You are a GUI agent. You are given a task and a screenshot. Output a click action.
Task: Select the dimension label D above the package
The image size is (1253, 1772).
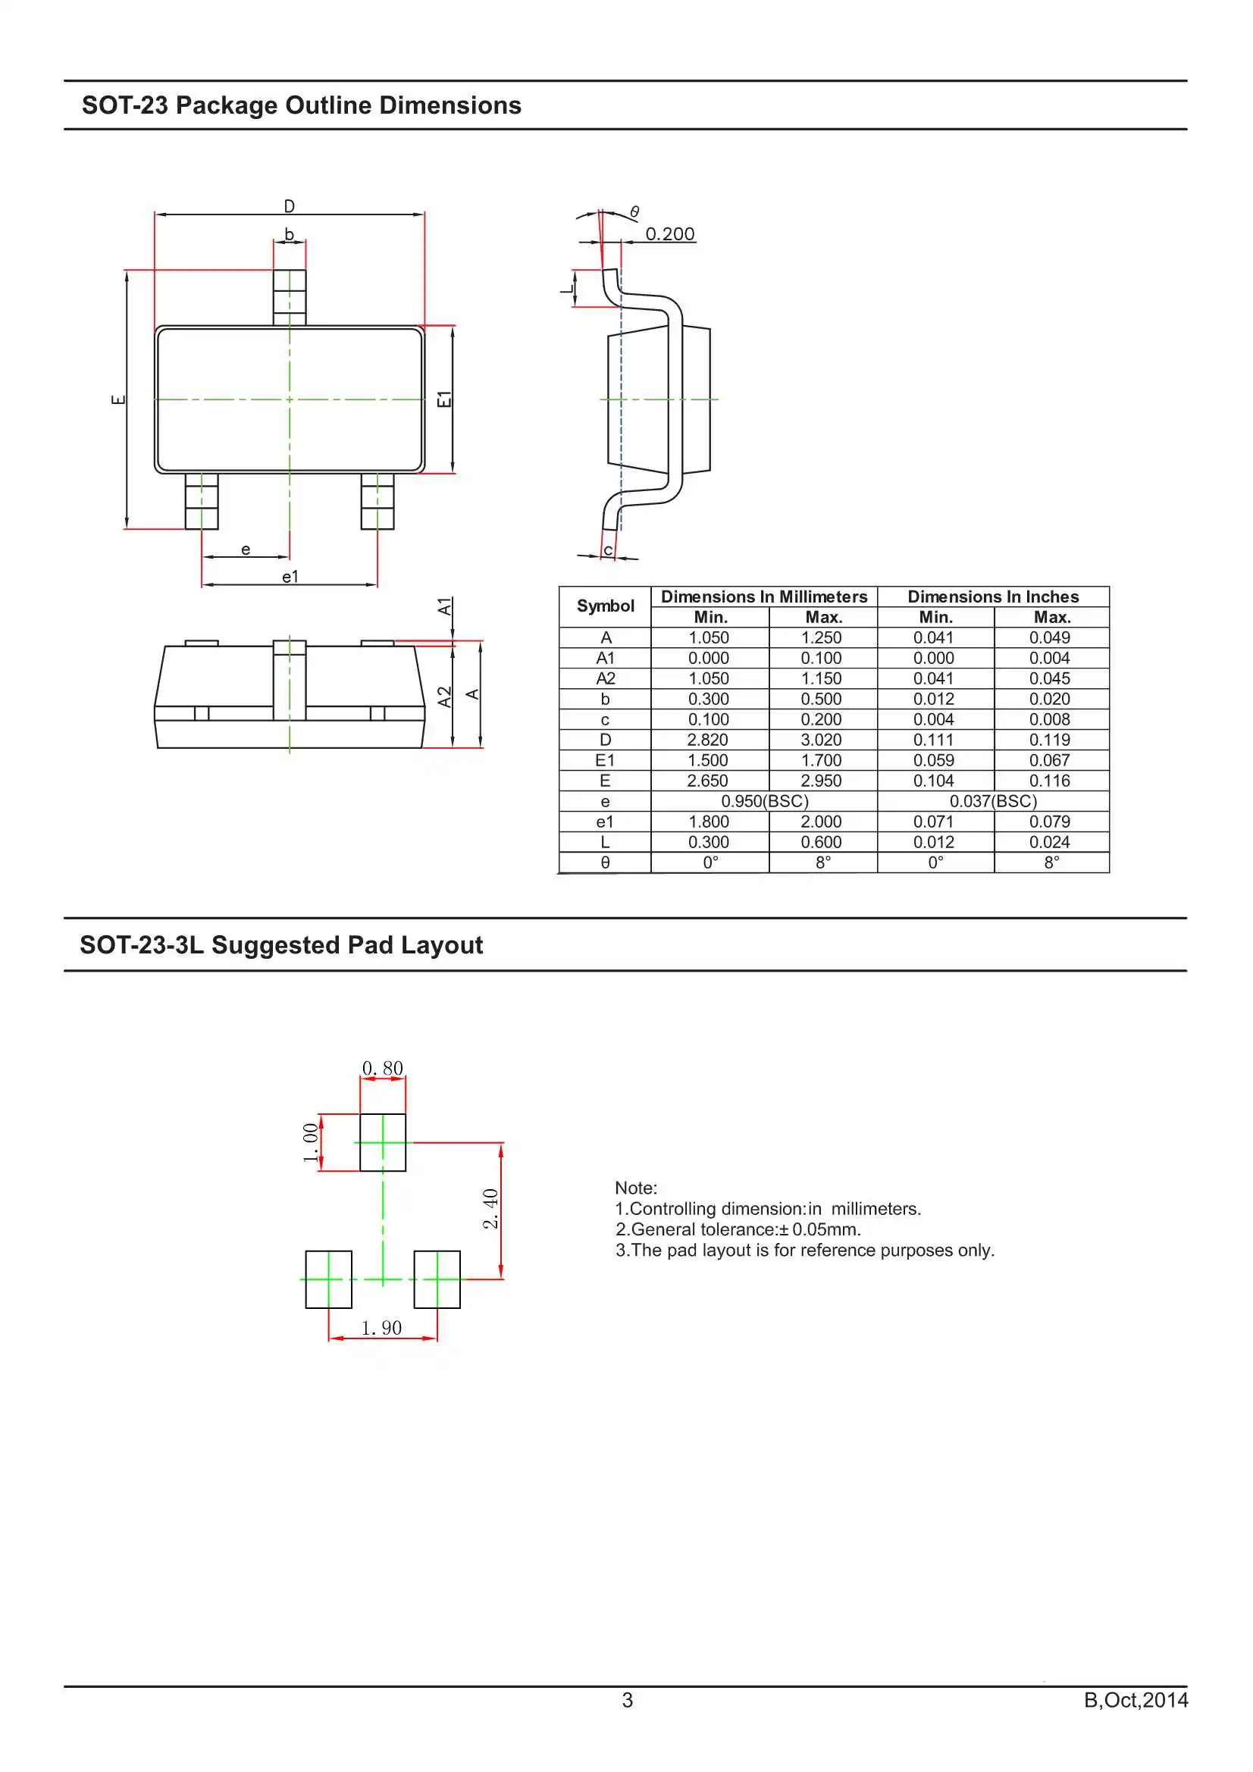(x=289, y=206)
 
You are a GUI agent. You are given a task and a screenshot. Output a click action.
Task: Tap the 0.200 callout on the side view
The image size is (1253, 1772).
(x=669, y=234)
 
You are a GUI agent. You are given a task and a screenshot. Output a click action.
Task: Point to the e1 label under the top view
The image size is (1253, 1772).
(x=290, y=577)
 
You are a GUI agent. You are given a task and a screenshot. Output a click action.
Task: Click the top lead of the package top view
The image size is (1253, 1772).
(x=290, y=296)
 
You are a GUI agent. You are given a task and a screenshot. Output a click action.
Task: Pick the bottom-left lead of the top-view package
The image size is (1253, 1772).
(x=202, y=502)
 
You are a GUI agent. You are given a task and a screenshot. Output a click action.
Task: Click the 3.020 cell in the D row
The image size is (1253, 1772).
(x=821, y=740)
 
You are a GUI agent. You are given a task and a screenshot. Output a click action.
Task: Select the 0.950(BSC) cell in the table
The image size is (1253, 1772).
(x=764, y=801)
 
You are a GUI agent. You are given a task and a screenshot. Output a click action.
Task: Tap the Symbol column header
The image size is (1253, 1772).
(x=604, y=606)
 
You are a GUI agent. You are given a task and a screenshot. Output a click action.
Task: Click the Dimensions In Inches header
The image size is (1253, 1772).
(x=992, y=596)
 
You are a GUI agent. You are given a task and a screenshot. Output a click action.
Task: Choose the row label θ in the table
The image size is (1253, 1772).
(x=604, y=863)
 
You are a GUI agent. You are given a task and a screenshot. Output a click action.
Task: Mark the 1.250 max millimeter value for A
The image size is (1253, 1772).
(x=821, y=637)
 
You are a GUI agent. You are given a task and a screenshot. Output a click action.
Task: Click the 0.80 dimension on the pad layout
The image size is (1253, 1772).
(x=382, y=1068)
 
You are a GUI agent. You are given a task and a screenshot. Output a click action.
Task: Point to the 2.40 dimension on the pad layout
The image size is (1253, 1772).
(x=490, y=1209)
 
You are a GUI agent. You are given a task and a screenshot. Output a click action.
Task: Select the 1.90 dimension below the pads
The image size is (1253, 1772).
(x=381, y=1327)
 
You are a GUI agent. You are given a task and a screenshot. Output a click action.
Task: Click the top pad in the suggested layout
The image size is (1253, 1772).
(x=382, y=1142)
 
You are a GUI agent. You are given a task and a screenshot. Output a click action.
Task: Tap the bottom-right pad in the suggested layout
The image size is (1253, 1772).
(x=437, y=1279)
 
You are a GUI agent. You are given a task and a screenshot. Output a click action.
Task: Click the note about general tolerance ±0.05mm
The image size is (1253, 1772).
(x=738, y=1229)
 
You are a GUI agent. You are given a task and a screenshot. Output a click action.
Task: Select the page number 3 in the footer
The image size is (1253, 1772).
(x=627, y=1699)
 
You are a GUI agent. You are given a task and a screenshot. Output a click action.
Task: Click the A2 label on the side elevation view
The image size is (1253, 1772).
(x=444, y=697)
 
